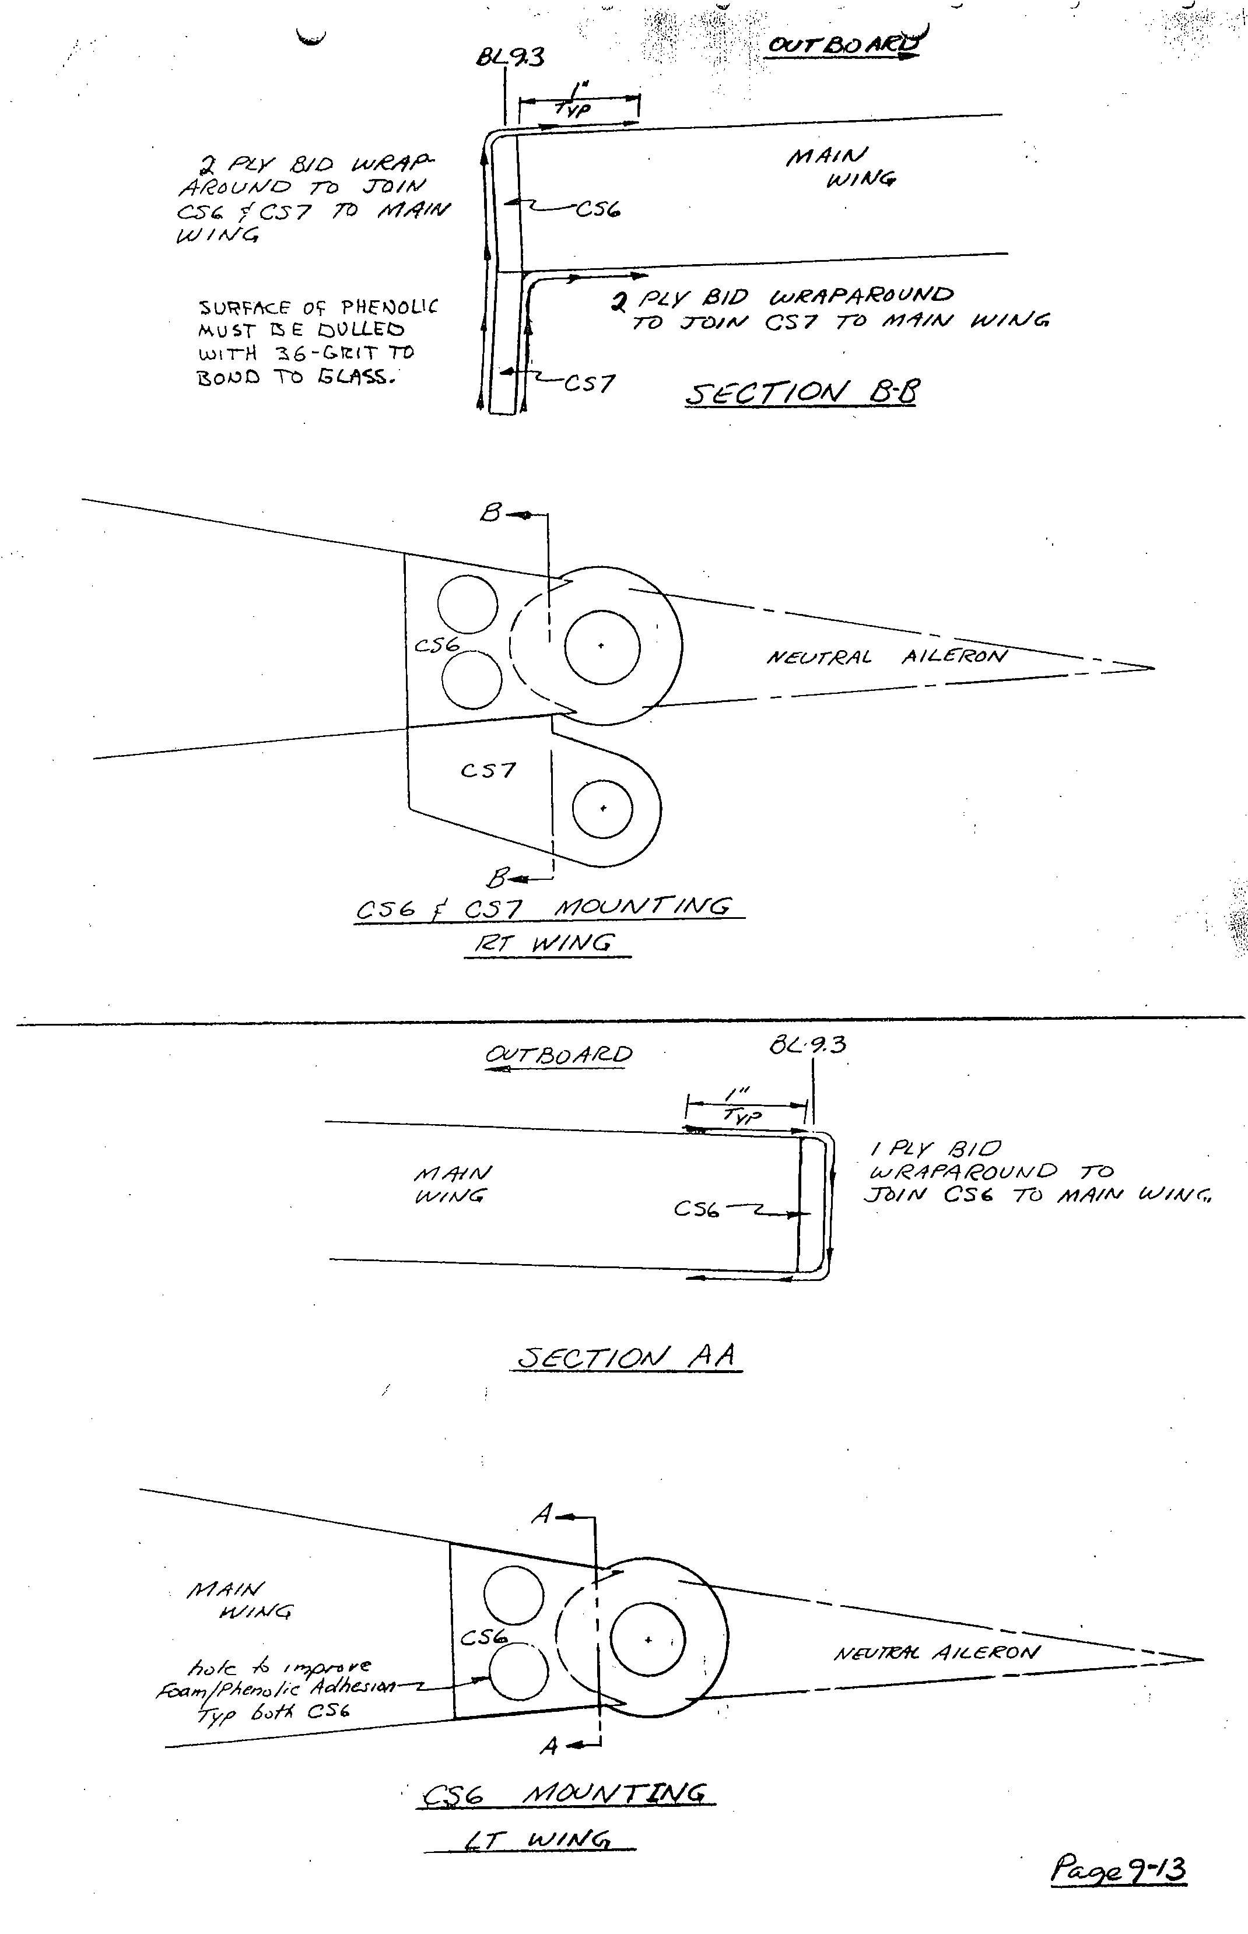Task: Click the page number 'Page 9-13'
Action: tap(1119, 1869)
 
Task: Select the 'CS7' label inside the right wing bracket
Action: tap(488, 770)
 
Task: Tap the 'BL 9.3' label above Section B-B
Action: tap(510, 57)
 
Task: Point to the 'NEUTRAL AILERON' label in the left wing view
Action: tap(936, 1653)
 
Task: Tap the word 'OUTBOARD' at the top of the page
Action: tap(843, 44)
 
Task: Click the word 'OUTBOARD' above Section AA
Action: tap(558, 1054)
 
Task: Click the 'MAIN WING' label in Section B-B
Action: tap(841, 166)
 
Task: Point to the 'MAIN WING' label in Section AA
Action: tap(452, 1185)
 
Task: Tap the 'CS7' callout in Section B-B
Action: tap(589, 382)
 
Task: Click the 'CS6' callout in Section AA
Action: tap(696, 1210)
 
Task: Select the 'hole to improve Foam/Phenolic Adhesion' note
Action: tap(275, 1689)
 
